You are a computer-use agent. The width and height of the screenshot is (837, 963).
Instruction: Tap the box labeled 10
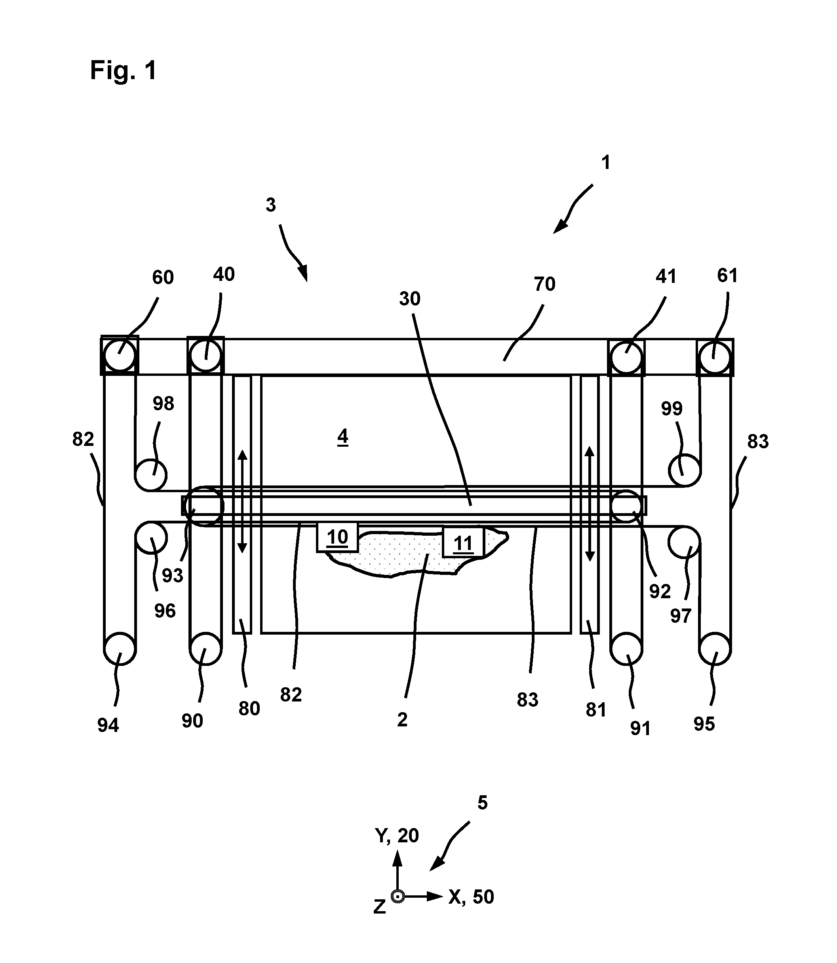click(337, 537)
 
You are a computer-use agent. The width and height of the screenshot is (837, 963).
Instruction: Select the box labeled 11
click(463, 542)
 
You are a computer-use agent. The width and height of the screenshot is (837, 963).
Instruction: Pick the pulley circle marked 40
click(205, 356)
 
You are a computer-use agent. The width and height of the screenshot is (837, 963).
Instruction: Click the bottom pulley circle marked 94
click(120, 649)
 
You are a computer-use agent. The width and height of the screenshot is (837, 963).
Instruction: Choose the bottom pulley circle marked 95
click(715, 649)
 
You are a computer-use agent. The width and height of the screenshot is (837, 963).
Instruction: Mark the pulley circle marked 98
click(151, 475)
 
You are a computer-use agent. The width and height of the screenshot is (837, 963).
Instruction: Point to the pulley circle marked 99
click(684, 470)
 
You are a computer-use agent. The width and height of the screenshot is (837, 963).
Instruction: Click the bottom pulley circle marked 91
click(626, 649)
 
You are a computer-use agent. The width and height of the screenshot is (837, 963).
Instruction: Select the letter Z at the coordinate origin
click(380, 907)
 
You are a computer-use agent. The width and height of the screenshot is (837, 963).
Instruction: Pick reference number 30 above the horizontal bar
click(410, 299)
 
